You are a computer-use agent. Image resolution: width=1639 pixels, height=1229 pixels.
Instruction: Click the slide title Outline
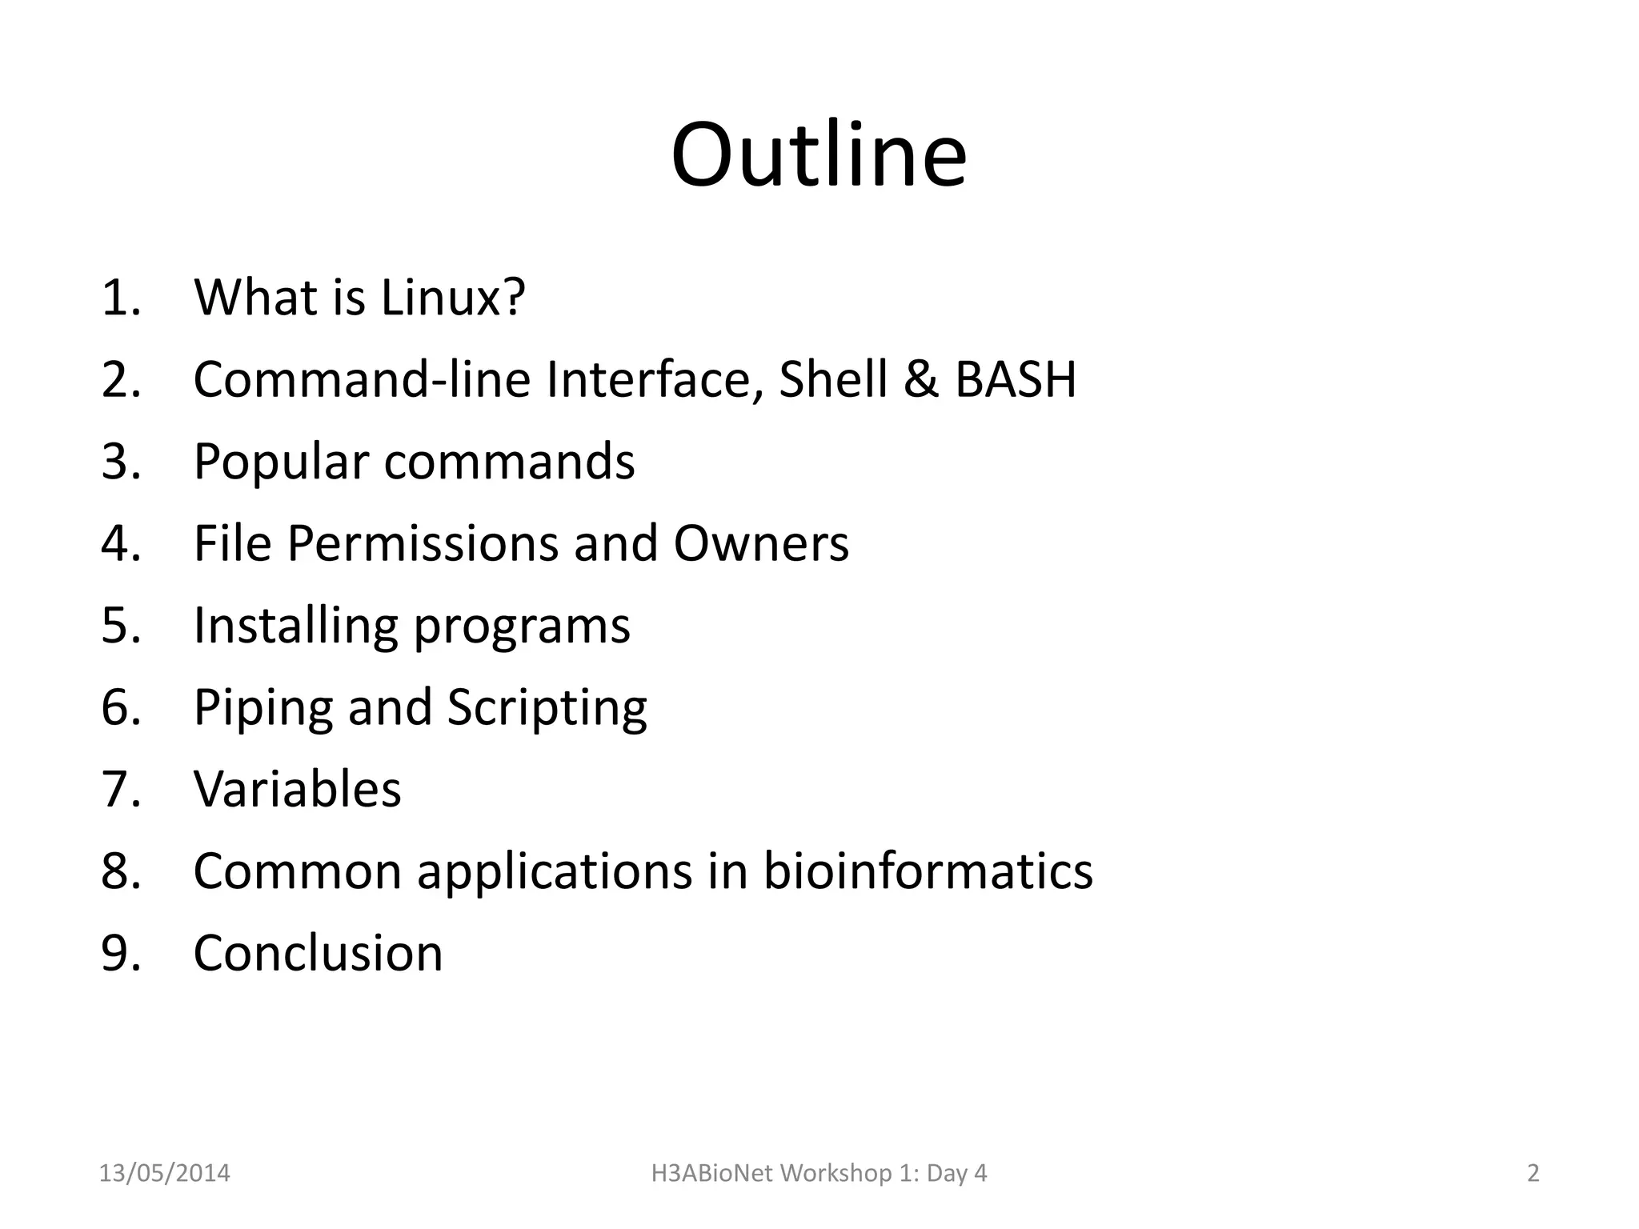[819, 154]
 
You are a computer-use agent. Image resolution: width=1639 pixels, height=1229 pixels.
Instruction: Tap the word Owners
[761, 543]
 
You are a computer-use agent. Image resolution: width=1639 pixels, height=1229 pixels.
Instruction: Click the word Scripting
[547, 708]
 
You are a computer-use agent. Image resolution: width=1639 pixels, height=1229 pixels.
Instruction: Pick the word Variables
[297, 789]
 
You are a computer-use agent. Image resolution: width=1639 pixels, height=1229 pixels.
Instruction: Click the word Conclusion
[318, 953]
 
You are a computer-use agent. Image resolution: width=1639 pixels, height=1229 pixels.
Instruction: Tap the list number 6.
[120, 707]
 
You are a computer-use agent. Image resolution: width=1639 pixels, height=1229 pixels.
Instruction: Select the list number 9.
[120, 953]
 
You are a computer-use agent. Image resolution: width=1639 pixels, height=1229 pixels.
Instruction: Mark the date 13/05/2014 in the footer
[164, 1173]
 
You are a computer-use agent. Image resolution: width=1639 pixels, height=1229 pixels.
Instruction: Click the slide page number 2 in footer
[1533, 1173]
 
